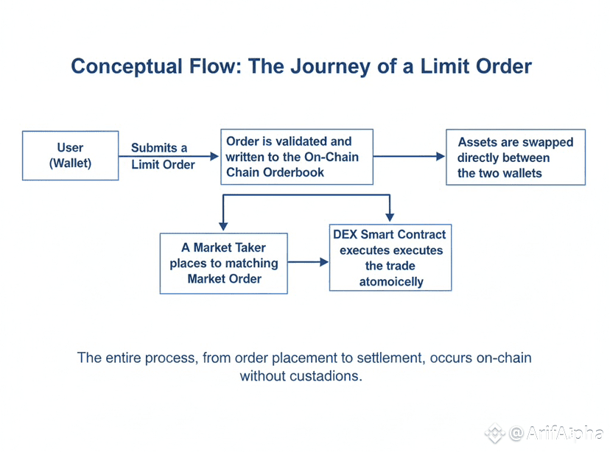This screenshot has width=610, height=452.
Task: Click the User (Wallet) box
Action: coord(70,155)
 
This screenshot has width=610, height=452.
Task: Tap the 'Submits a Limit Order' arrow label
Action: coord(162,156)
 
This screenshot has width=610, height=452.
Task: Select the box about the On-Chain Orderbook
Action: coord(297,156)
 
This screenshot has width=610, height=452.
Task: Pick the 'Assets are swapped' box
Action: coord(515,157)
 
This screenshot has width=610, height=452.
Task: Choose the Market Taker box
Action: coord(223,263)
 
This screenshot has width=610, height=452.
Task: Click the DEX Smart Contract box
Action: coord(389,258)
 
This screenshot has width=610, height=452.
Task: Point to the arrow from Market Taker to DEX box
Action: coord(308,262)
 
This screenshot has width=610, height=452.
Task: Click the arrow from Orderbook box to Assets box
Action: coord(409,156)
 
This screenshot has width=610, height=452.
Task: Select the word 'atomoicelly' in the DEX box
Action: coord(390,282)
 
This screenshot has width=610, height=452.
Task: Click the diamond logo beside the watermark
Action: coord(494,433)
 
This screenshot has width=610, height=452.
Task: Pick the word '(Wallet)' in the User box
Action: coord(71,163)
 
